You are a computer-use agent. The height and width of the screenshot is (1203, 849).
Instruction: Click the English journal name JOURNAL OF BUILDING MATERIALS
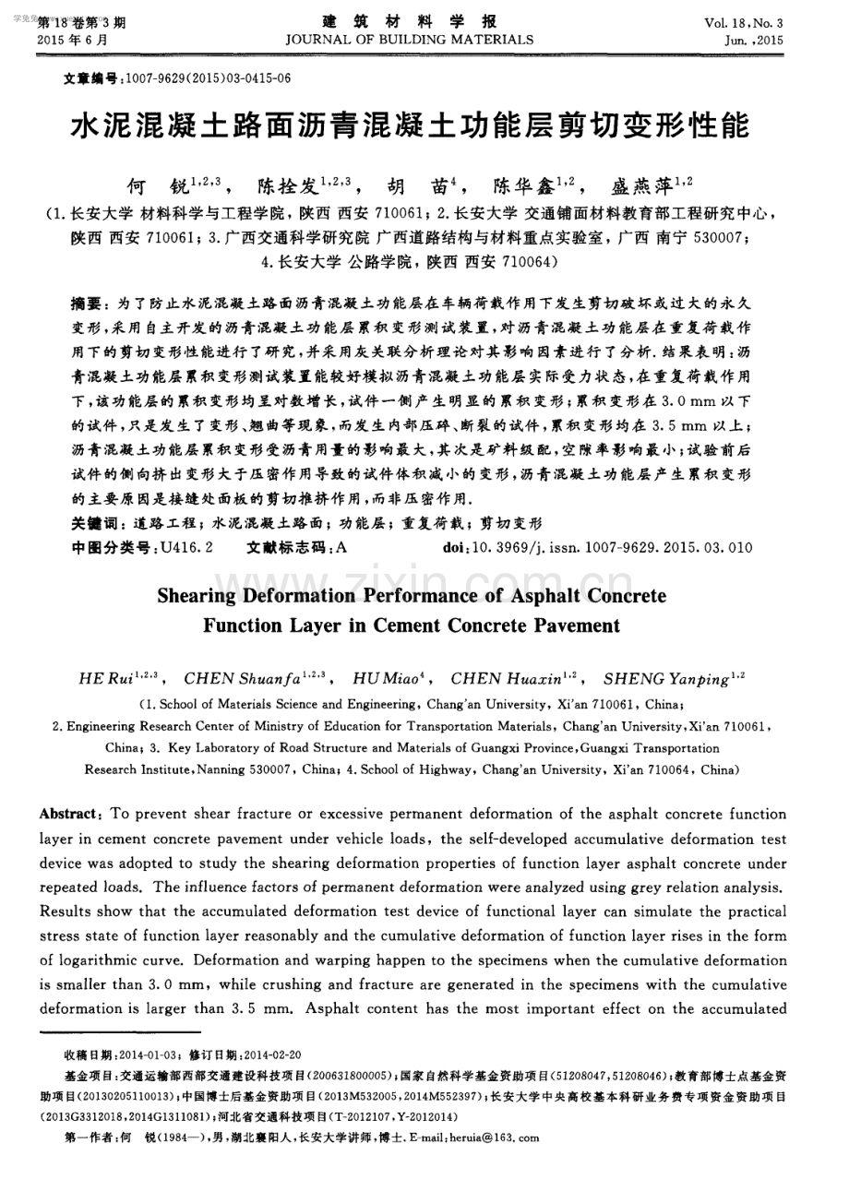410,40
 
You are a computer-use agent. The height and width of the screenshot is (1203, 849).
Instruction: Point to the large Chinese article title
410,126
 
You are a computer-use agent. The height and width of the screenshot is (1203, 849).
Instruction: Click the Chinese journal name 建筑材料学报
410,20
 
